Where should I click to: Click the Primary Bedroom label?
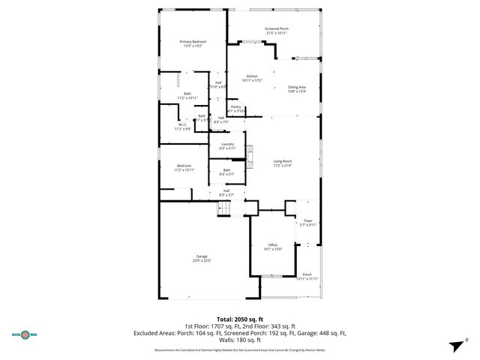(x=194, y=41)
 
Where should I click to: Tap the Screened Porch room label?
(x=276, y=29)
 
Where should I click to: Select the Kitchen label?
(x=253, y=76)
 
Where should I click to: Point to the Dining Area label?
(x=297, y=87)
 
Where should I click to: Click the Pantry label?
(x=235, y=106)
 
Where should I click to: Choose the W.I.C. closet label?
(x=183, y=125)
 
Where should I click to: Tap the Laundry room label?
(x=227, y=144)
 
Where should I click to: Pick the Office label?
(x=273, y=245)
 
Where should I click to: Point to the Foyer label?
(x=307, y=220)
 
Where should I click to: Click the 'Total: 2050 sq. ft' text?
(x=240, y=320)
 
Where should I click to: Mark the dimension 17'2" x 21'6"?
(x=282, y=166)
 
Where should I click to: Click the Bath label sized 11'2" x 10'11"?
(x=187, y=94)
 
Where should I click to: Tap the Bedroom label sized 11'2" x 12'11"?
(x=184, y=166)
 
